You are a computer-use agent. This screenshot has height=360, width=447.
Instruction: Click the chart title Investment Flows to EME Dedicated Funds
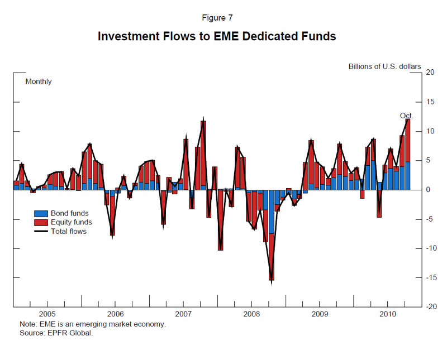(x=217, y=37)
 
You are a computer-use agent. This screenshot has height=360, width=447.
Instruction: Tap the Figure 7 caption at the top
(x=217, y=17)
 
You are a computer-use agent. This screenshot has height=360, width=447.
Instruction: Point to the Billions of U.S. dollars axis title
(x=384, y=66)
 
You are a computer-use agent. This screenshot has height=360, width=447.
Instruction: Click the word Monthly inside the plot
(x=39, y=81)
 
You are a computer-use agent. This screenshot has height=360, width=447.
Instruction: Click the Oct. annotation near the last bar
(x=406, y=116)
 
